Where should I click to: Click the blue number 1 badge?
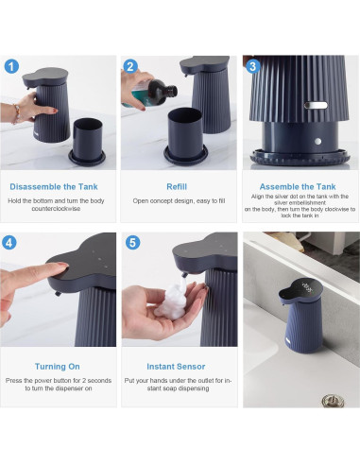pyautogui.click(x=11, y=66)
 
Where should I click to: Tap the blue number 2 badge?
pyautogui.click(x=130, y=66)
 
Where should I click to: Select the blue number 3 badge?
pyautogui.click(x=252, y=66)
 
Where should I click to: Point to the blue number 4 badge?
pyautogui.click(x=9, y=243)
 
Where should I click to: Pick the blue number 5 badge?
pyautogui.click(x=132, y=243)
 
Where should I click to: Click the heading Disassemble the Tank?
pyautogui.click(x=54, y=187)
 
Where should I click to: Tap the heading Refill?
pyautogui.click(x=177, y=187)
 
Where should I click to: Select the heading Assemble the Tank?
pyautogui.click(x=298, y=187)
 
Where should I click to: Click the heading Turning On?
pyautogui.click(x=58, y=367)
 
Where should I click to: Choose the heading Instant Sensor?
pyautogui.click(x=176, y=367)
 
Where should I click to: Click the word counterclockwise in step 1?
pyautogui.click(x=56, y=209)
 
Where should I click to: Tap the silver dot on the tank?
pyautogui.click(x=317, y=142)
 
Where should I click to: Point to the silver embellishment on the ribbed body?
pyautogui.click(x=316, y=105)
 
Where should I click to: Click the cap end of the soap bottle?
pyautogui.click(x=172, y=92)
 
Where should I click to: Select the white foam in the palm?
pyautogui.click(x=171, y=300)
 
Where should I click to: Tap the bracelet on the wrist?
pyautogui.click(x=17, y=114)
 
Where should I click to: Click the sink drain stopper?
pyautogui.click(x=333, y=401)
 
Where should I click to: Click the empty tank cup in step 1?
pyautogui.click(x=87, y=141)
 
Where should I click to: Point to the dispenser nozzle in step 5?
pyautogui.click(x=184, y=275)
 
